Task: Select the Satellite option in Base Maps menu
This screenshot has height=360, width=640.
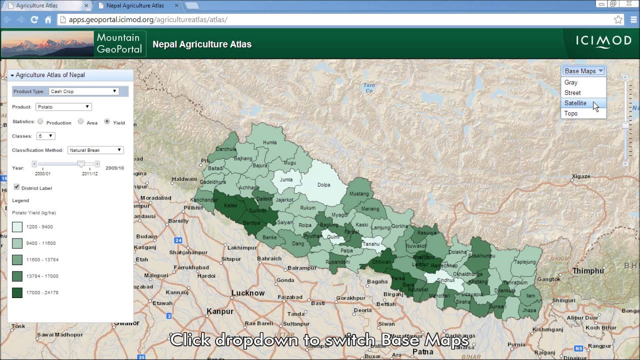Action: click(575, 103)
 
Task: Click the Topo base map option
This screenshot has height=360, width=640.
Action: click(571, 113)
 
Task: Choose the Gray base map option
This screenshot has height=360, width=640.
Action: click(571, 82)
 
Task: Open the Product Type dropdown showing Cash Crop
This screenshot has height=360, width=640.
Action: click(83, 91)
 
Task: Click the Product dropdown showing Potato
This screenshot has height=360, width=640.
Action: click(63, 107)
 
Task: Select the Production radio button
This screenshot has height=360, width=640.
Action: click(40, 121)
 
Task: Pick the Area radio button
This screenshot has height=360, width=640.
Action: click(80, 121)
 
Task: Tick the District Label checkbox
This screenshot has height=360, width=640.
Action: click(17, 187)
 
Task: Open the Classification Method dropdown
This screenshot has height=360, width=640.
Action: click(95, 150)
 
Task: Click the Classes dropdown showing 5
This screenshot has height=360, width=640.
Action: click(45, 136)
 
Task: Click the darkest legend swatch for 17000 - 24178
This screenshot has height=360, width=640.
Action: click(17, 292)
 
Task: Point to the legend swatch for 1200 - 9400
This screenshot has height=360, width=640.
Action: click(17, 227)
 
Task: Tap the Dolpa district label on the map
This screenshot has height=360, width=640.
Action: click(324, 185)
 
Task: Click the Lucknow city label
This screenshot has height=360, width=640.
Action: click(248, 293)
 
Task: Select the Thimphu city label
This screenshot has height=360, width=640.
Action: click(588, 271)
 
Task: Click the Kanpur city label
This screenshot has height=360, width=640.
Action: click(220, 311)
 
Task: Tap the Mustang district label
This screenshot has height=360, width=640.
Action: click(358, 194)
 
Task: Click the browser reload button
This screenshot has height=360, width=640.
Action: click(34, 19)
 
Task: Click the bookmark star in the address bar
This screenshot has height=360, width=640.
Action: click(618, 19)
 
